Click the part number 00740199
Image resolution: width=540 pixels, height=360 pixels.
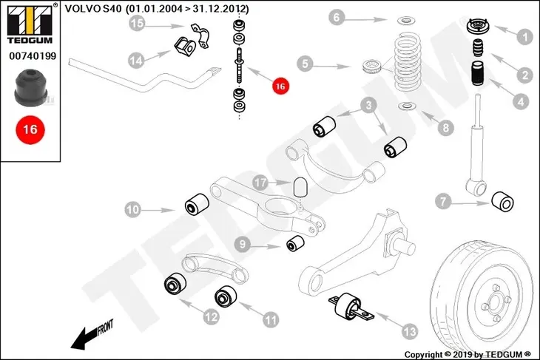pyautogui.click(x=33, y=55)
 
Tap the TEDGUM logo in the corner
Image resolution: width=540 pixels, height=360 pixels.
pyautogui.click(x=30, y=24)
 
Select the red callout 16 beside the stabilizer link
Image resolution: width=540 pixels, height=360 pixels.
pyautogui.click(x=280, y=86)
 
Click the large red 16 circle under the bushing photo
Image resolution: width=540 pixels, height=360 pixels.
pyautogui.click(x=30, y=129)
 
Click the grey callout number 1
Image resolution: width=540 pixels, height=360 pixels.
pyautogui.click(x=524, y=36)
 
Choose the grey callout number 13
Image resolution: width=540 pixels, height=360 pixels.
pyautogui.click(x=410, y=331)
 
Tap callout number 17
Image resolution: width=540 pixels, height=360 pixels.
pyautogui.click(x=260, y=183)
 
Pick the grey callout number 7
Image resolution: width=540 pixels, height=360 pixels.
pyautogui.click(x=443, y=202)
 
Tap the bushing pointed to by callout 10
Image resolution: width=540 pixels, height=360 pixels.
pyautogui.click(x=197, y=205)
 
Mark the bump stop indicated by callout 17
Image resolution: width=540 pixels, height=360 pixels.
pyautogui.click(x=300, y=186)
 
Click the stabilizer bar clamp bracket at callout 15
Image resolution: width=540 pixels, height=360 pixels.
pyautogui.click(x=200, y=35)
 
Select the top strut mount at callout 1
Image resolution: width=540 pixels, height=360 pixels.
pyautogui.click(x=479, y=27)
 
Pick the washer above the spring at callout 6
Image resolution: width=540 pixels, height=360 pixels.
pyautogui.click(x=406, y=21)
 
